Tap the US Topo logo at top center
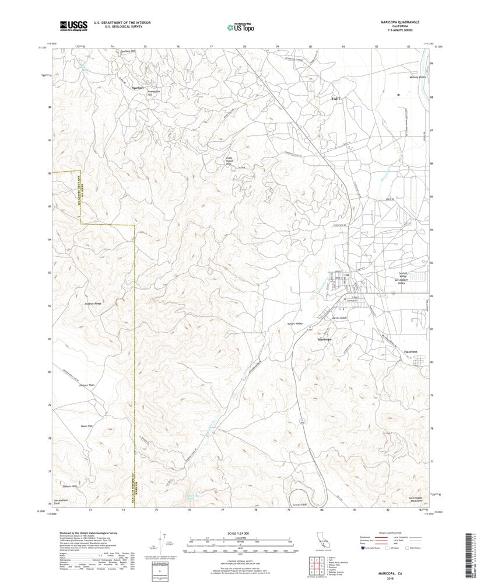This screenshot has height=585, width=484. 240,26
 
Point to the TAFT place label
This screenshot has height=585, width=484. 336,99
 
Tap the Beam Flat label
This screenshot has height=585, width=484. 87,426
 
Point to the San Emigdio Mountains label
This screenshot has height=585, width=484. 415,499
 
